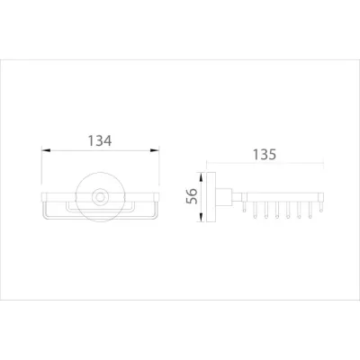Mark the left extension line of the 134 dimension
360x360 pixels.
[x=43, y=166]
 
